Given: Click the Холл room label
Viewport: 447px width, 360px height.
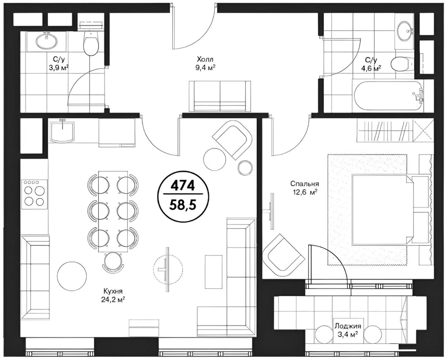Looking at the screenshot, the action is [205, 60].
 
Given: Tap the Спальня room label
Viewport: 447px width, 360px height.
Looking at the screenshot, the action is [305, 184].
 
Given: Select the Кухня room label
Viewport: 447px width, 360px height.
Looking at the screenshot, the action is [113, 291].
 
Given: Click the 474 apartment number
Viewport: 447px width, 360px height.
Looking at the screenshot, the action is [182, 186].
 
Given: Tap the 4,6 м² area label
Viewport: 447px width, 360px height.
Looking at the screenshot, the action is [371, 68].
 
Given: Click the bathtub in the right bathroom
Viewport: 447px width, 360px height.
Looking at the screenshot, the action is [388, 96].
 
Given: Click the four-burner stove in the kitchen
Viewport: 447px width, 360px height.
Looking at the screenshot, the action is [35, 194].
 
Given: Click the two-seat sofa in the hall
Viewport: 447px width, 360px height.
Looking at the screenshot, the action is [220, 96].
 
